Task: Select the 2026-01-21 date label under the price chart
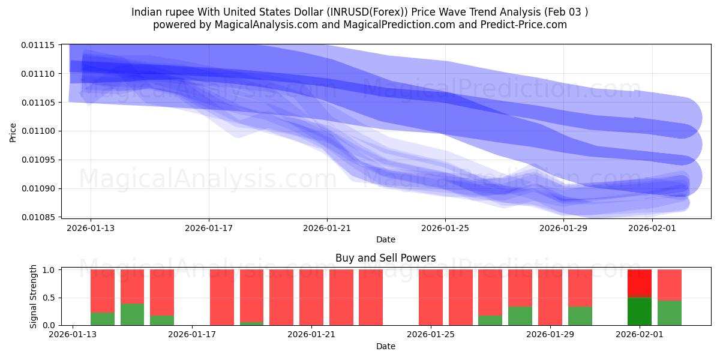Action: (x=327, y=228)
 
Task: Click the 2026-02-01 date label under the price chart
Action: (x=652, y=228)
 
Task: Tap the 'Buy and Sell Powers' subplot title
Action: (x=385, y=259)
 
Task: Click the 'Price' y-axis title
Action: (x=13, y=133)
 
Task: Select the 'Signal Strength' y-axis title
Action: (x=34, y=296)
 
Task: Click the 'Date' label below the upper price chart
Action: (x=385, y=239)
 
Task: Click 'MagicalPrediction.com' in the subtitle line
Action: (x=409, y=25)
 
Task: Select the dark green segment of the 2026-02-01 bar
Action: (x=640, y=311)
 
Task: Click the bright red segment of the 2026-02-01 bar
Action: (x=640, y=283)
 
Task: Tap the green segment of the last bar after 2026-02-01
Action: (x=670, y=313)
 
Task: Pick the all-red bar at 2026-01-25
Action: (x=431, y=297)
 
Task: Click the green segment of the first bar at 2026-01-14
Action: (x=103, y=319)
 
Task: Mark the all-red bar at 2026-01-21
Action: (x=311, y=297)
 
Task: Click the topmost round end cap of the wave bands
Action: (x=682, y=116)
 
